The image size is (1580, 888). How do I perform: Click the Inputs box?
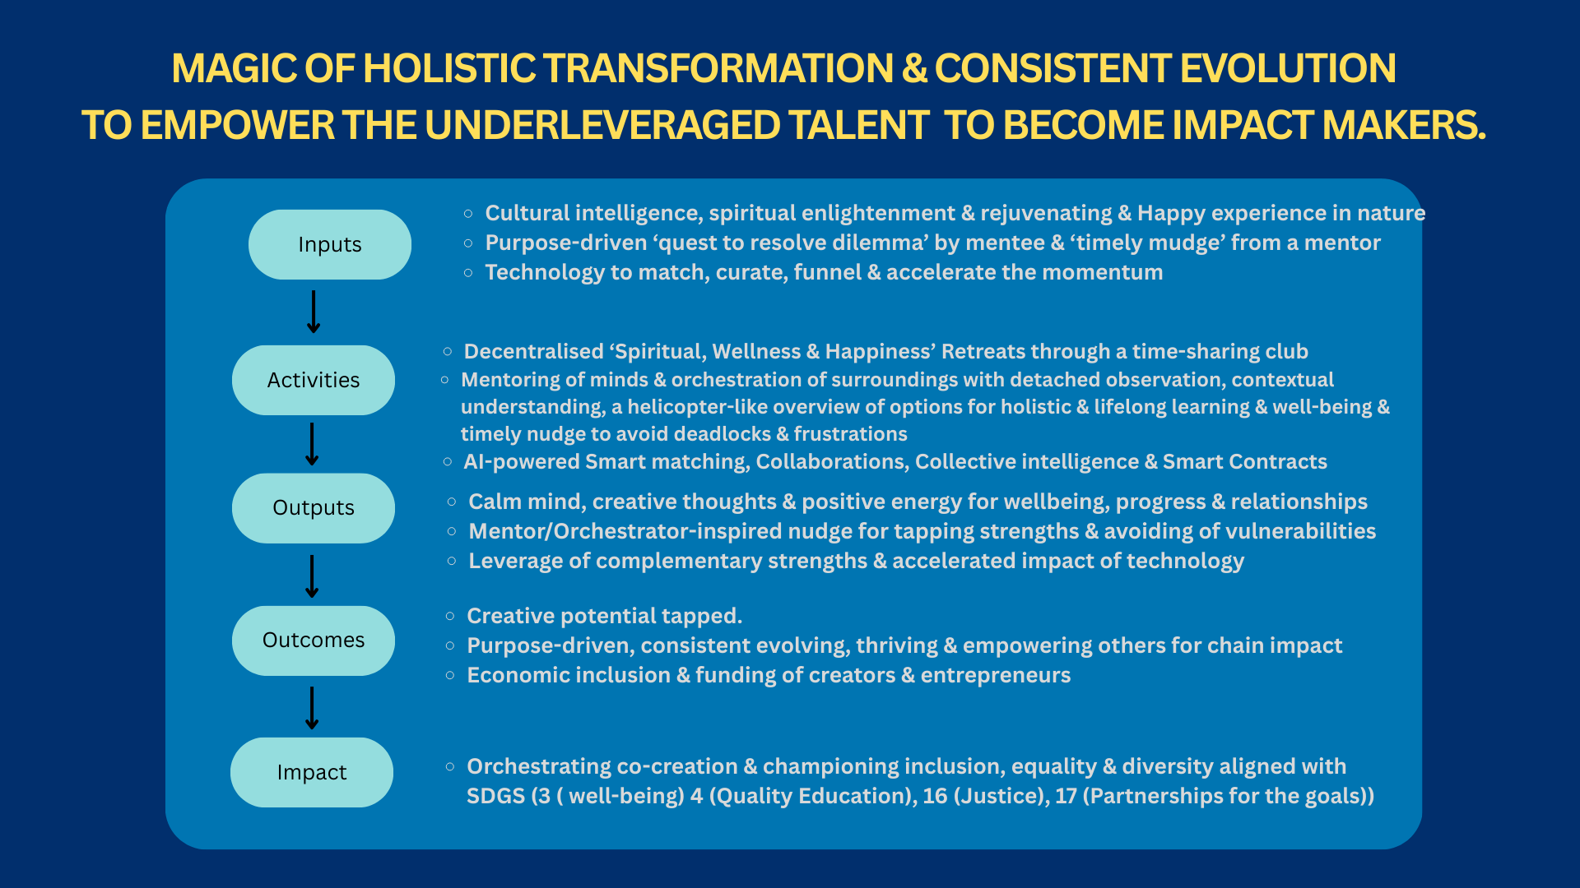pyautogui.click(x=330, y=244)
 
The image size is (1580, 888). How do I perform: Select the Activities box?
pyautogui.click(x=314, y=380)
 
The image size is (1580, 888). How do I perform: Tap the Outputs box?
pyautogui.click(x=314, y=508)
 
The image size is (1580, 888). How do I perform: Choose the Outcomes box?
pyautogui.click(x=314, y=641)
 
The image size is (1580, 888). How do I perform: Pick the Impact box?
pyautogui.click(x=312, y=772)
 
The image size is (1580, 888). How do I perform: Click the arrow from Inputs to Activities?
pyautogui.click(x=314, y=312)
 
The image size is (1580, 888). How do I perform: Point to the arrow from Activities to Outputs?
pyautogui.click(x=312, y=444)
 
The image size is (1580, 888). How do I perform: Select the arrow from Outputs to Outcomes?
pyautogui.click(x=312, y=576)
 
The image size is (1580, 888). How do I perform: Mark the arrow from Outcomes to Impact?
pyautogui.click(x=312, y=708)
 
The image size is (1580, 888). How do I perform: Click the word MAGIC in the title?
pyautogui.click(x=234, y=68)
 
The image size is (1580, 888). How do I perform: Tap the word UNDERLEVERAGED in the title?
pyautogui.click(x=602, y=126)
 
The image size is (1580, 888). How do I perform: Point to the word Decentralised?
pyautogui.click(x=533, y=351)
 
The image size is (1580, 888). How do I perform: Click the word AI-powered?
pyautogui.click(x=522, y=461)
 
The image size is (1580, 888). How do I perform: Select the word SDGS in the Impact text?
pyautogui.click(x=495, y=796)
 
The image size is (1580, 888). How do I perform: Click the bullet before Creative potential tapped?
pyautogui.click(x=450, y=616)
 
